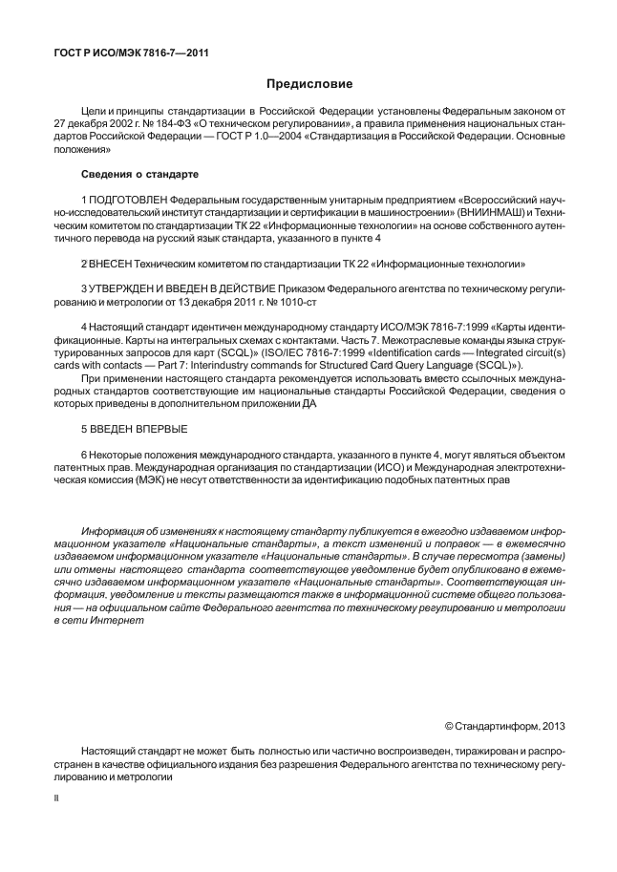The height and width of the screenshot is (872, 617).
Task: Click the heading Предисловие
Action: pyautogui.click(x=308, y=85)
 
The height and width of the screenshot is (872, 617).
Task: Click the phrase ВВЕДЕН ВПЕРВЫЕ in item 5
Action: pyautogui.click(x=134, y=429)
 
